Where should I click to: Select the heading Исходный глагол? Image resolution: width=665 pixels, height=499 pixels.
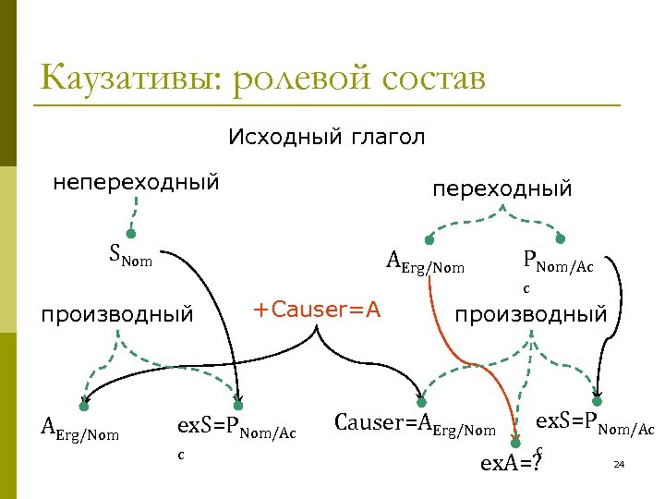point(326,138)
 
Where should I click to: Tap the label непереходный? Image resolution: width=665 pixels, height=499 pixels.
point(136,182)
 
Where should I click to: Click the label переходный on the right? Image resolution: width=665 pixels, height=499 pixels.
point(502,189)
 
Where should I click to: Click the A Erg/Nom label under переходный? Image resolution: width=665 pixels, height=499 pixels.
point(426,265)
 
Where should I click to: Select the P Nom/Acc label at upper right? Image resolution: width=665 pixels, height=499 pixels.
point(557,265)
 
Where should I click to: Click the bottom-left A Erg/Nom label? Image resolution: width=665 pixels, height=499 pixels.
point(80,430)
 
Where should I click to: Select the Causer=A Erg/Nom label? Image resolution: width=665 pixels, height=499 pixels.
point(415,426)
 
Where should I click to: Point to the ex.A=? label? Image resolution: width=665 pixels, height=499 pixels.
point(508,461)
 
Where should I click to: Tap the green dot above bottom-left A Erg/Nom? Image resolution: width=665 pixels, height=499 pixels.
point(83,406)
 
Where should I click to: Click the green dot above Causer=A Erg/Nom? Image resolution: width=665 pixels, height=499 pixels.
point(422,402)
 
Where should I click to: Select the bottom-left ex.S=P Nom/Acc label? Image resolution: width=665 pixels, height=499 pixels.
point(236,430)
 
